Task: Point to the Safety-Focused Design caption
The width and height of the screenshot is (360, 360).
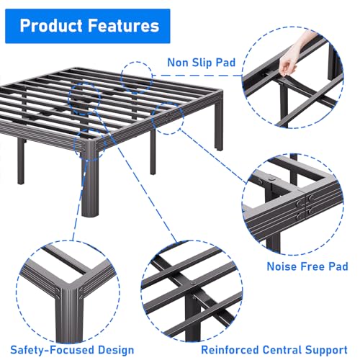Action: coord(67,349)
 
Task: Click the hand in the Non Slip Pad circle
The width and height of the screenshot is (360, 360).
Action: coord(289,66)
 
